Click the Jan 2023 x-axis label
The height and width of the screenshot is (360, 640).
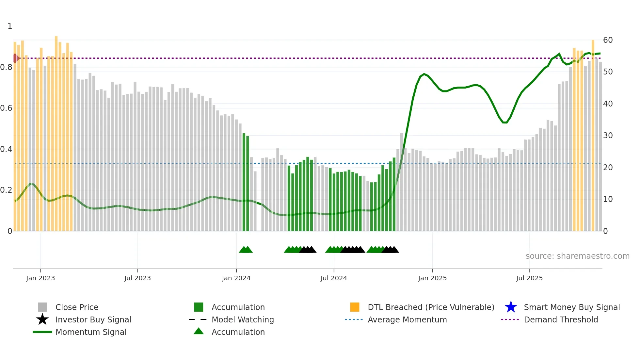(x=40, y=278)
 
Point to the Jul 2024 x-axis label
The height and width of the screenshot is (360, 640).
(x=333, y=278)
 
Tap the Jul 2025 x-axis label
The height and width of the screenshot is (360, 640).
(x=529, y=278)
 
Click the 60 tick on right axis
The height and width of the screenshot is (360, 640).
(x=608, y=40)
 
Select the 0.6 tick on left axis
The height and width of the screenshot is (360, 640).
(x=6, y=108)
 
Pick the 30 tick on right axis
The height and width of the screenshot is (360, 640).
(x=608, y=136)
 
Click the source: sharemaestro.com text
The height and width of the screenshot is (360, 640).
(x=577, y=256)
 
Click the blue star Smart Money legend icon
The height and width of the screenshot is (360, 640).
(x=511, y=307)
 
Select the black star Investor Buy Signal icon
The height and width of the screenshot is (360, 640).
(x=42, y=319)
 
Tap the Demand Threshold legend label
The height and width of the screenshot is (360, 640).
(x=561, y=319)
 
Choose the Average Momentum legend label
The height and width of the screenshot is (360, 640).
(x=407, y=319)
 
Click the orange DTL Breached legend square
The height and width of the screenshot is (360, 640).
(x=355, y=307)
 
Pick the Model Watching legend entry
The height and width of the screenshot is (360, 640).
(x=242, y=319)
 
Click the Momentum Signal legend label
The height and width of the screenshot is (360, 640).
(x=91, y=332)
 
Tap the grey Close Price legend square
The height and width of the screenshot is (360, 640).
(x=42, y=307)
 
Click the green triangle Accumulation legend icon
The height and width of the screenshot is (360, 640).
(x=199, y=331)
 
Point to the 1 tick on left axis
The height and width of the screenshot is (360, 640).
(x=10, y=26)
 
